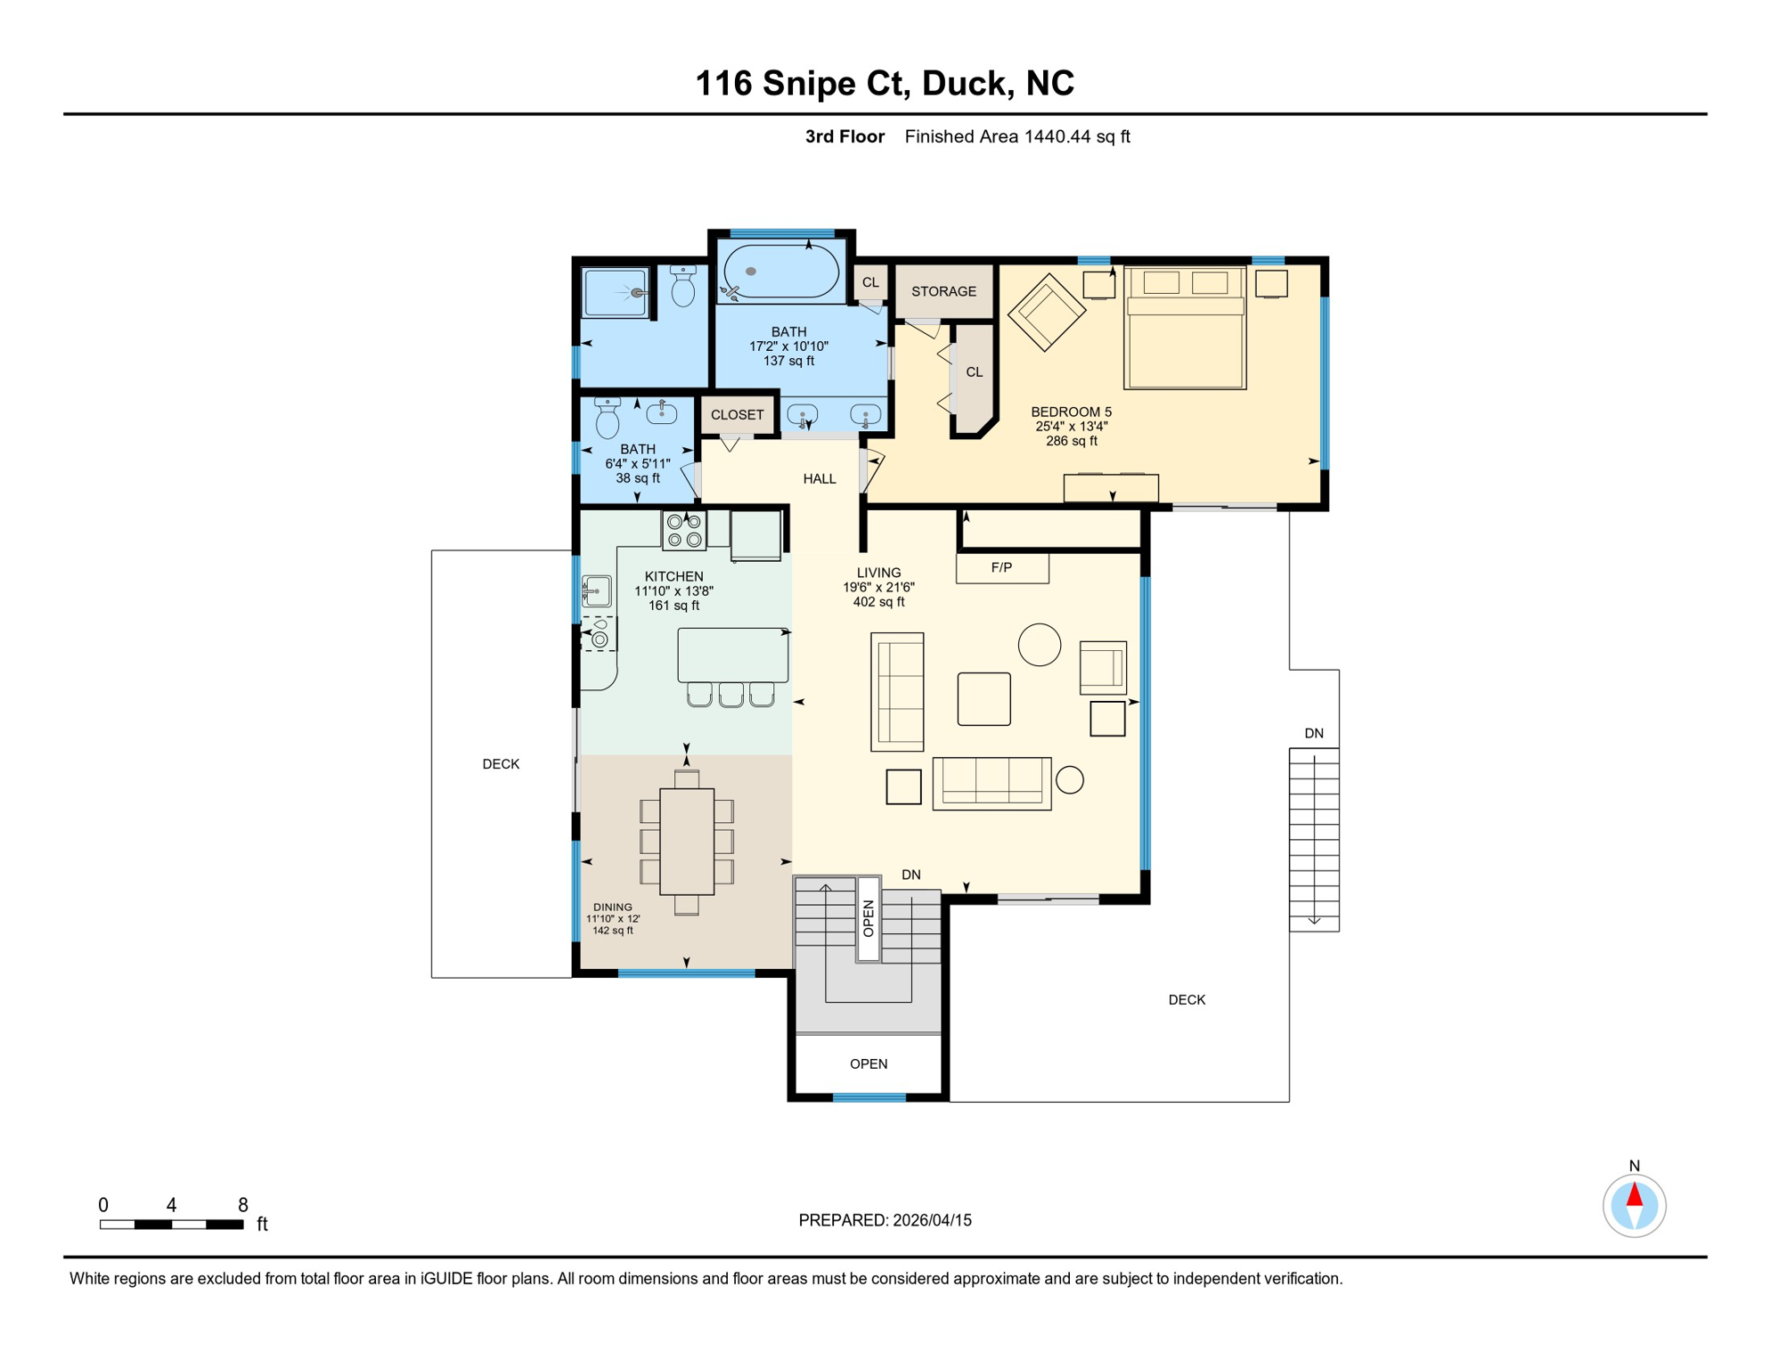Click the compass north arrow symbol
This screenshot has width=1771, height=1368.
coord(1634,1205)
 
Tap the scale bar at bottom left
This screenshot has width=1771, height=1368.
coord(171,1225)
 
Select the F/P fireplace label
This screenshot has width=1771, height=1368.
coord(1001,567)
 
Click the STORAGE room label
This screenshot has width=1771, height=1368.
coord(943,291)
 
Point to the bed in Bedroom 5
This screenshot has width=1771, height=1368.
coord(1185,327)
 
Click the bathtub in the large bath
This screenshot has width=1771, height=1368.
coord(781,271)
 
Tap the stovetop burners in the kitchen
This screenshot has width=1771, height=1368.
coord(684,531)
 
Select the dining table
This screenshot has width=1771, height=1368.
coord(687,842)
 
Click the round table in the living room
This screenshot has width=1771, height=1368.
coord(1040,644)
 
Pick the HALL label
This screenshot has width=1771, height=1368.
coord(820,479)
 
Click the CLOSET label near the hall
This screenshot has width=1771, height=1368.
coord(738,415)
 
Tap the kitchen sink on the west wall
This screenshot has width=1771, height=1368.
coord(596,590)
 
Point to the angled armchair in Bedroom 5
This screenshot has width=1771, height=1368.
coord(1047,312)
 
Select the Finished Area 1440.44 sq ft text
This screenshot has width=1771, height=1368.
coord(1017,136)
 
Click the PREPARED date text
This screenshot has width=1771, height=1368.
coord(885,1220)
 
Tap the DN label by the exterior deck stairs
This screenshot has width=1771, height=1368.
coord(1314,733)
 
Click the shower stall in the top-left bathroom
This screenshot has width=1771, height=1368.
coord(616,292)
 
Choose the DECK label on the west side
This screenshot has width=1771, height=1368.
coord(501,764)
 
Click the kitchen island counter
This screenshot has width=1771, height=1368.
coord(733,655)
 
